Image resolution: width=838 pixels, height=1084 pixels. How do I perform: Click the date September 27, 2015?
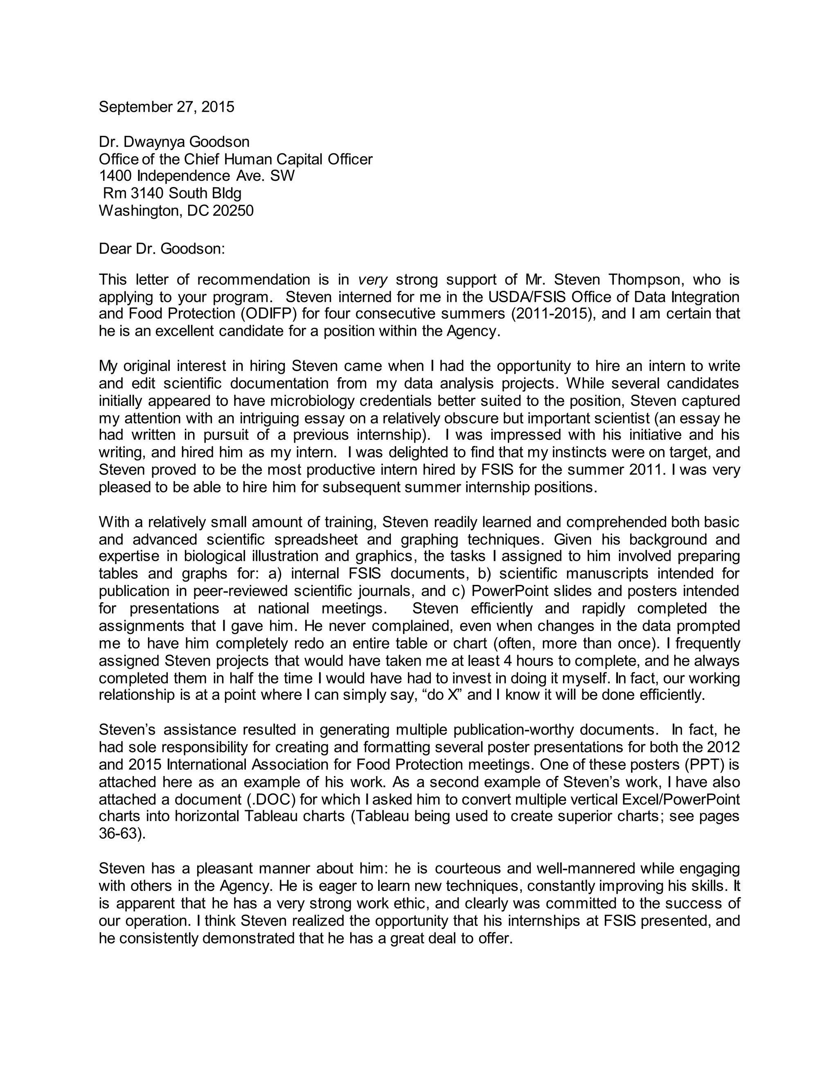coord(166,107)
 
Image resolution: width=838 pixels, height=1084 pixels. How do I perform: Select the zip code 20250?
coord(233,211)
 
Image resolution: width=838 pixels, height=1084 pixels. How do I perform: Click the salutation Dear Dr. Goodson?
coord(162,248)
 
